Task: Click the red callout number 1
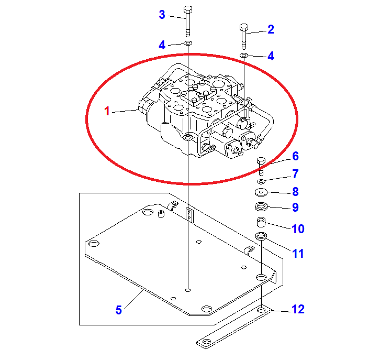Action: (x=107, y=111)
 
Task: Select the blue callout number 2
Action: (x=271, y=29)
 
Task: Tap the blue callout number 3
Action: (x=162, y=15)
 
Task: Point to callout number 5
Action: (x=119, y=310)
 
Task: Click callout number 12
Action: (x=298, y=309)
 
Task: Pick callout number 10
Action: (x=298, y=228)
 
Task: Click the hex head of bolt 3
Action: (x=188, y=10)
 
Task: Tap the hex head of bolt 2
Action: (x=243, y=27)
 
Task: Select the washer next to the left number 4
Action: (x=188, y=43)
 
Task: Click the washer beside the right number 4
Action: (x=243, y=55)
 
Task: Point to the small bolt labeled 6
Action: (x=261, y=166)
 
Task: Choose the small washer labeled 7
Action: (x=261, y=181)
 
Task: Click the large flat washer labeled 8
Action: (x=261, y=192)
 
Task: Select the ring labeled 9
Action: (x=261, y=206)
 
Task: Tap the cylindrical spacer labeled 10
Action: (x=261, y=222)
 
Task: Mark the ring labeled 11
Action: (x=261, y=236)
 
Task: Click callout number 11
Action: (x=298, y=254)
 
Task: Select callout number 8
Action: (x=296, y=192)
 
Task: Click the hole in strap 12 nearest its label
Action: (x=261, y=310)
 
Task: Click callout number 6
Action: (x=296, y=156)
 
